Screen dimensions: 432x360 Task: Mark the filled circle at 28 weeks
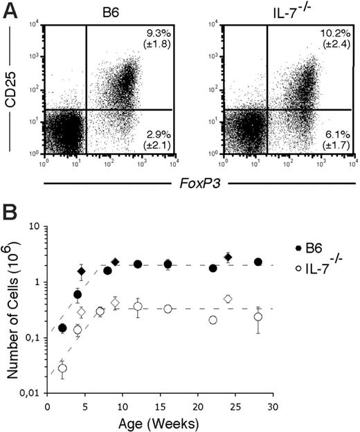(x=258, y=262)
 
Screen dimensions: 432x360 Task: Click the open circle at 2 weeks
(x=62, y=368)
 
